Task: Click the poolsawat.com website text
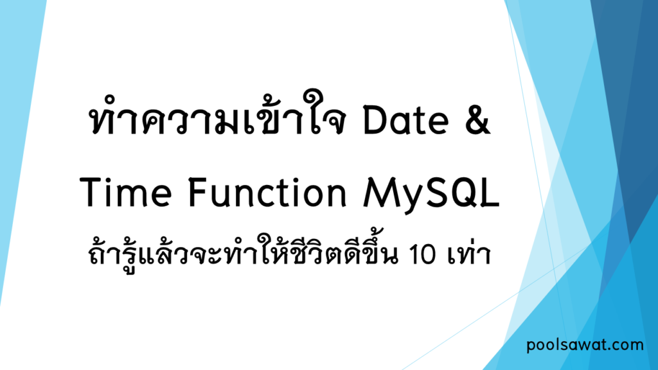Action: tap(584, 345)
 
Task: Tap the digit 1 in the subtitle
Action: tap(416, 256)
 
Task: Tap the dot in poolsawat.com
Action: tap(611, 349)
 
